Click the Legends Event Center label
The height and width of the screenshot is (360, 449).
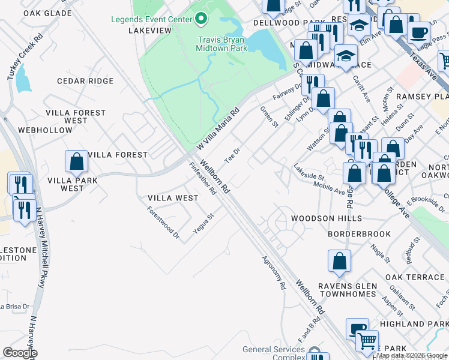(151, 19)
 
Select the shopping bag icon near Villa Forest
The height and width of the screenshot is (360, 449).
(76, 161)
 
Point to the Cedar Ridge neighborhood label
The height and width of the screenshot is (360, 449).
(85, 81)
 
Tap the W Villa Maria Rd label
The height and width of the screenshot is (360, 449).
(218, 128)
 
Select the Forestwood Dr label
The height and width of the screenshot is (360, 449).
(164, 223)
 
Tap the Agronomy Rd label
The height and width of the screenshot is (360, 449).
(274, 273)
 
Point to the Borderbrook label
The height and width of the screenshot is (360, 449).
(359, 234)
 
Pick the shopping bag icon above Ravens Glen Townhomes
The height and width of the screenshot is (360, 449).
(339, 261)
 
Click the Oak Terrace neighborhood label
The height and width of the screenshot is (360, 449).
(415, 277)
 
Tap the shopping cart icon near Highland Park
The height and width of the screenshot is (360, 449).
(367, 341)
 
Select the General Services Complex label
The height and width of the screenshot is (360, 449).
(274, 353)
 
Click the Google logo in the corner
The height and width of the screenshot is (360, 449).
(19, 353)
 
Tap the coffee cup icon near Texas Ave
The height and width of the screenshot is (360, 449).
(418, 31)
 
